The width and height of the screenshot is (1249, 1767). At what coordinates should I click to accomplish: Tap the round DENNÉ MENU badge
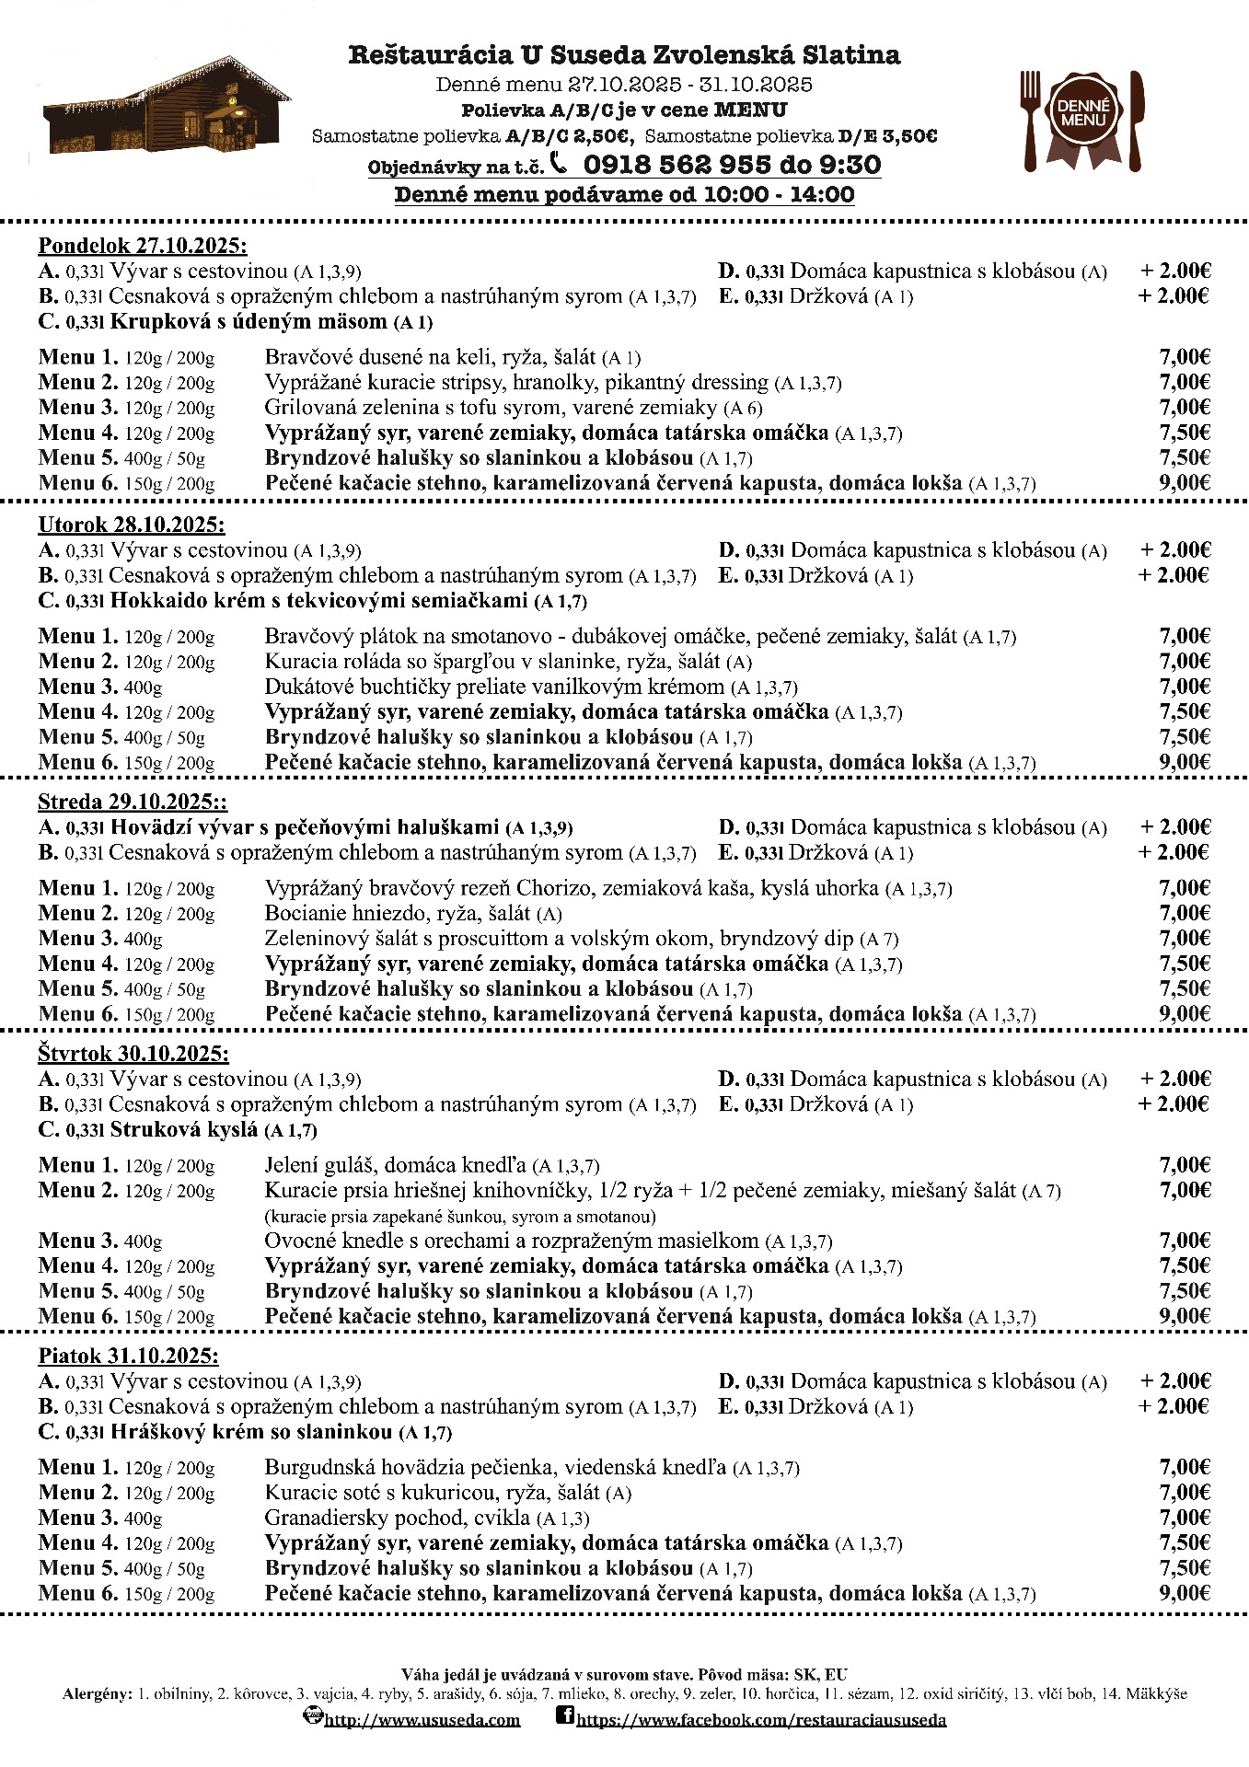pos(1082,113)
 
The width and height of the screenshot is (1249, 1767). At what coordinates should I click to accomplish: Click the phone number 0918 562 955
pos(677,165)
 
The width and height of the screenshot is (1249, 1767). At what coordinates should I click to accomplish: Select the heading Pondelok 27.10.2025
pos(143,246)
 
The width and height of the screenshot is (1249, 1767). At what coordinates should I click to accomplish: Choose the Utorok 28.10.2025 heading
pos(132,525)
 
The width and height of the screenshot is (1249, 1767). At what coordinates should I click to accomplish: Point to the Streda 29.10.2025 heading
pos(133,801)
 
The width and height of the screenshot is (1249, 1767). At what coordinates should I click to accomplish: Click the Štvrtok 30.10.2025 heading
pos(133,1054)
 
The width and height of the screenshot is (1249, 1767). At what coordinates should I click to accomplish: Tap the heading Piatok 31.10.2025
pos(129,1356)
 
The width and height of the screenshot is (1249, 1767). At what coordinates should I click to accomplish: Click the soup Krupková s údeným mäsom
pos(249,321)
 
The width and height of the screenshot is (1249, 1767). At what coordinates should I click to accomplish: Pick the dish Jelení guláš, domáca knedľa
pos(396,1165)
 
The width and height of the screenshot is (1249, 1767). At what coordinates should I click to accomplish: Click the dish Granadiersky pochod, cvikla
pos(398,1518)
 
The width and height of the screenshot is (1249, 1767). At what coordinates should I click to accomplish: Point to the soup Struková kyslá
pos(183,1130)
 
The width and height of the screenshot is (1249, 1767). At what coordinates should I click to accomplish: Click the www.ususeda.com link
pos(422,1719)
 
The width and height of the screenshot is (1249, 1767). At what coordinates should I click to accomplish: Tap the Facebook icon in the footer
pos(565,1715)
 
